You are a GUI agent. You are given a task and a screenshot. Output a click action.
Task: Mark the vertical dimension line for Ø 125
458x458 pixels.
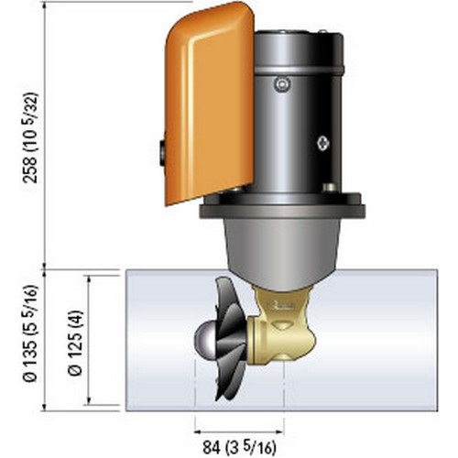88,343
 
